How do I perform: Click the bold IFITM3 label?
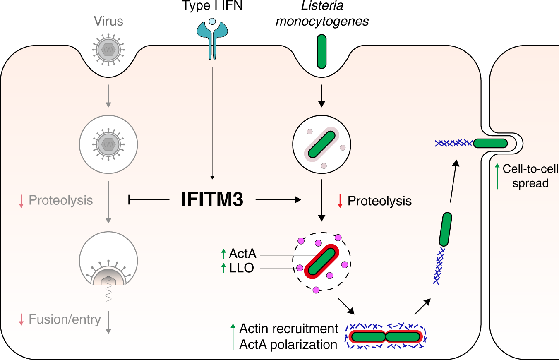pyautogui.click(x=212, y=200)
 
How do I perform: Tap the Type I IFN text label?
pyautogui.click(x=212, y=7)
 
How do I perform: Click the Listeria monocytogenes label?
pyautogui.click(x=322, y=14)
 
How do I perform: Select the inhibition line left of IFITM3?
pyautogui.click(x=149, y=200)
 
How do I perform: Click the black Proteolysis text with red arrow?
pyautogui.click(x=379, y=201)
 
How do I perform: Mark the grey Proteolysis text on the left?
pyautogui.click(x=60, y=201)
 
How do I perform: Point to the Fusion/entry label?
pyautogui.click(x=65, y=319)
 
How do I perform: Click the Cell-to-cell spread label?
pyautogui.click(x=530, y=176)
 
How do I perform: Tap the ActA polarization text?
pyautogui.click(x=288, y=344)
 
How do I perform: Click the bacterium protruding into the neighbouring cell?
pyautogui.click(x=490, y=143)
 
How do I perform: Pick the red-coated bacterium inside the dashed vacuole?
pyautogui.click(x=321, y=261)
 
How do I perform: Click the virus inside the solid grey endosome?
pyautogui.click(x=108, y=144)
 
